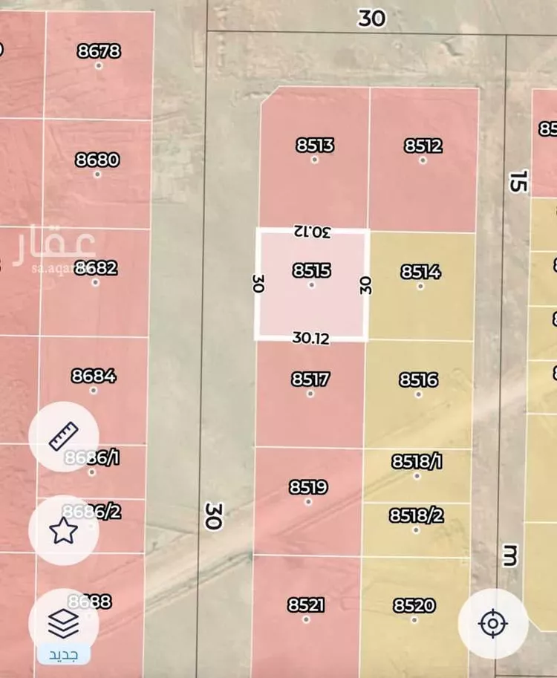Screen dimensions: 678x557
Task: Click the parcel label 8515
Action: click(x=312, y=271)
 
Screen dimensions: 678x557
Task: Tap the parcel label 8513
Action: click(x=315, y=146)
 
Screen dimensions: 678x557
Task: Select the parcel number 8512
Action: click(x=423, y=146)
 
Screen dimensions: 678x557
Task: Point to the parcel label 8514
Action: click(x=420, y=272)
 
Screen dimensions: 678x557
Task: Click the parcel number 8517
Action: click(x=310, y=379)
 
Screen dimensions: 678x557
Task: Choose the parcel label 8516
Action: click(x=419, y=380)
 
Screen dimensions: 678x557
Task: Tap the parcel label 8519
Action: click(x=308, y=487)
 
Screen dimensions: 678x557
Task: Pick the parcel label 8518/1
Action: click(x=417, y=461)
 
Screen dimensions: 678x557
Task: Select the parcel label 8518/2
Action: click(x=416, y=515)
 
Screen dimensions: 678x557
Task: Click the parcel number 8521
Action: click(x=306, y=605)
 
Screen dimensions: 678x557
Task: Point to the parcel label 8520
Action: click(x=414, y=605)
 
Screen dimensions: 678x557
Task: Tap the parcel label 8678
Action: click(x=99, y=51)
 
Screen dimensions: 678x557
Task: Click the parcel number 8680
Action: click(x=97, y=160)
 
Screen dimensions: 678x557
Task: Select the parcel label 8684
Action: click(x=94, y=376)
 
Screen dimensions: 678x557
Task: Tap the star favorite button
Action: click(x=63, y=530)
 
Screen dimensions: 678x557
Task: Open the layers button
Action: click(x=63, y=625)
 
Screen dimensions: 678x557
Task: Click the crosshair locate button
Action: click(x=493, y=623)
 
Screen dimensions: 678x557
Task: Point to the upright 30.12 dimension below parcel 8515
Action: click(x=311, y=338)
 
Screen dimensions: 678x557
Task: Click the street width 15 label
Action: click(x=519, y=180)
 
